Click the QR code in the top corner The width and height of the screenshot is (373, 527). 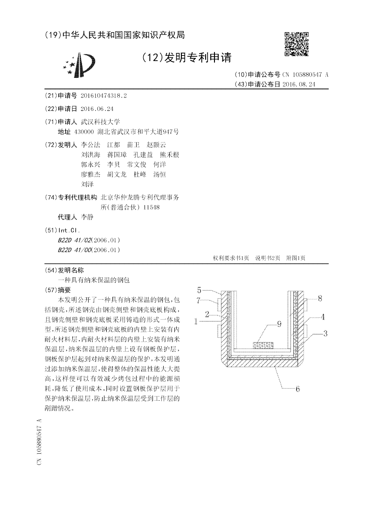pyautogui.click(x=297, y=44)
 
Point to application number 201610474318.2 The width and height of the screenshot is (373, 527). pyautogui.click(x=104, y=96)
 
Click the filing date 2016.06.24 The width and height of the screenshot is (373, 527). pyautogui.click(x=97, y=109)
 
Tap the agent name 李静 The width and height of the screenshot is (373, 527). pyautogui.click(x=87, y=217)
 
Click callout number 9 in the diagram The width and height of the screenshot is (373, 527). pyautogui.click(x=279, y=324)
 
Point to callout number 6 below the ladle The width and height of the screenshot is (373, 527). pyautogui.click(x=297, y=389)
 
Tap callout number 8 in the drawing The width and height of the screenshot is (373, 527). pyautogui.click(x=320, y=299)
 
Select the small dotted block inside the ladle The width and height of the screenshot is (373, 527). pyautogui.click(x=264, y=345)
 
